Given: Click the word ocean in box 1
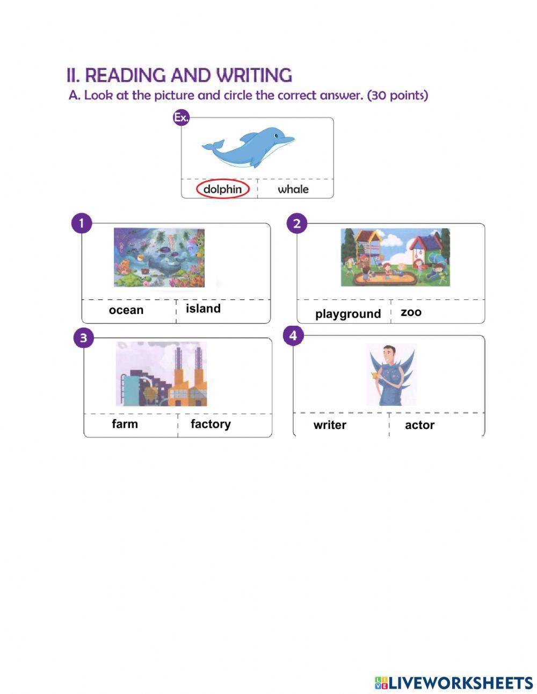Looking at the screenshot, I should click(x=126, y=310).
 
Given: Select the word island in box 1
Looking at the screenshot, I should click(x=203, y=309).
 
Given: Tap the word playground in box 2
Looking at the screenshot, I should click(x=348, y=314).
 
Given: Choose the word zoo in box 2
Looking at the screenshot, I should click(x=411, y=312).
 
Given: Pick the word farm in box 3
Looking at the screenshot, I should click(x=125, y=424).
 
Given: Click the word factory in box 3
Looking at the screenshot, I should click(x=211, y=424).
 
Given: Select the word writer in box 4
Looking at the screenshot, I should click(x=330, y=425).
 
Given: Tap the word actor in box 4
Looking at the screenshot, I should click(x=419, y=425).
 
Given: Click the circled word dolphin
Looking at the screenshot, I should click(x=222, y=189).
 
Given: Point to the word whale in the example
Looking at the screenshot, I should click(x=293, y=189).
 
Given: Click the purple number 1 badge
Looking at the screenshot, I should click(x=81, y=223).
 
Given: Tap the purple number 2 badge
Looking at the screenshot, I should click(x=297, y=223).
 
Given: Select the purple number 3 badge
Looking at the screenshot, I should click(x=83, y=338).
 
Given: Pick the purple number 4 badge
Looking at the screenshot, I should click(x=293, y=336).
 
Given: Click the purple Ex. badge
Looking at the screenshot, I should click(x=181, y=118).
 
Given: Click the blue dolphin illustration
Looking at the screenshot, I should click(x=248, y=147).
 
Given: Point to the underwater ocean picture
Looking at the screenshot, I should click(x=159, y=257).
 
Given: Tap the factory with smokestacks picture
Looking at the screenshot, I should click(x=161, y=374).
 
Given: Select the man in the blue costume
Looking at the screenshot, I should click(x=391, y=375).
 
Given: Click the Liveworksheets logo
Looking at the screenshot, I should click(x=454, y=683).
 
